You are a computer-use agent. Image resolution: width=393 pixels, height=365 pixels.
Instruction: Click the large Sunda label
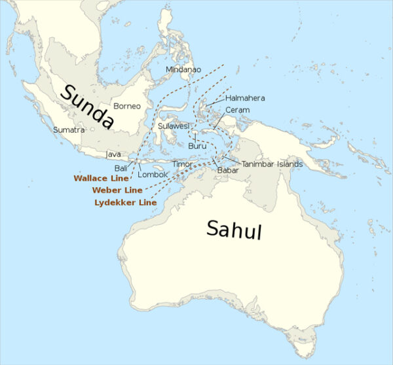coord(87,105)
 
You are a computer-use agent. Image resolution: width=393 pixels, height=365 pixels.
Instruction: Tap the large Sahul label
coord(234,230)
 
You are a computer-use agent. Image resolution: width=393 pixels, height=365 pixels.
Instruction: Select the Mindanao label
coord(183,69)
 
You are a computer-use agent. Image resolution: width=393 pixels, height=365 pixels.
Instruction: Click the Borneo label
coord(126,106)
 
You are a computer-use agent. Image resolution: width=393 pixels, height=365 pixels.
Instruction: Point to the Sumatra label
coord(69,130)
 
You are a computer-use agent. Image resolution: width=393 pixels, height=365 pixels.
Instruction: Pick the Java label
coord(113,154)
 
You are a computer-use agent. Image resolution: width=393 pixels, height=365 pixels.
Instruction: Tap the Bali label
coord(121,168)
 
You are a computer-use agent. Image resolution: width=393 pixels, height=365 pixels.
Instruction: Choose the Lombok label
coord(154,175)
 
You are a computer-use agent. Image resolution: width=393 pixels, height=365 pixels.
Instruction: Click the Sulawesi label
coord(174,125)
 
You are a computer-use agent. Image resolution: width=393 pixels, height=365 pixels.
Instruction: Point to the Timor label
coord(182,164)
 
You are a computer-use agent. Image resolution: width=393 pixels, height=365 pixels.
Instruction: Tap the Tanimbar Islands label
coord(272,164)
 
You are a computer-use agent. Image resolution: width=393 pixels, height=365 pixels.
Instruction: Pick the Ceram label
coord(237,110)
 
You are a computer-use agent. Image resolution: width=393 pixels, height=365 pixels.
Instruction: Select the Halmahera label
coord(245,98)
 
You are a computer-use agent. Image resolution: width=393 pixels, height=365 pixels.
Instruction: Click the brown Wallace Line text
coord(101,178)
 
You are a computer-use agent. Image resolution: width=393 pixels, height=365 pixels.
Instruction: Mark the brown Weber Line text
coord(117,190)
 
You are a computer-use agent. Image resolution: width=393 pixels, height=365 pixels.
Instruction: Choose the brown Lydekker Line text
coord(126,203)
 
